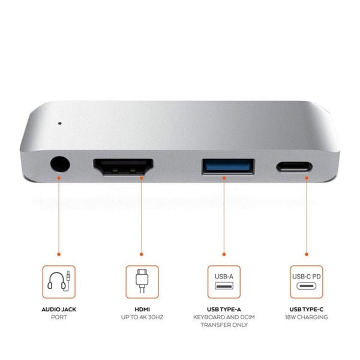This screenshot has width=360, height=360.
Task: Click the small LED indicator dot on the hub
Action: coord(59,125)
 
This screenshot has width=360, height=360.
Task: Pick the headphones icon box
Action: coord(59,281)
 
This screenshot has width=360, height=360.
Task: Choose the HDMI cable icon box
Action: coord(142,281)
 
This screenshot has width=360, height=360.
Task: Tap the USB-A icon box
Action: coord(224,281)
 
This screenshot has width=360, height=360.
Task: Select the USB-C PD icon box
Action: coord(307,281)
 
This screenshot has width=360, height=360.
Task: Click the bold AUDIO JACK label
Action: coord(59,309)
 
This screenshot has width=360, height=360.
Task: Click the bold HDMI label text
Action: coord(142,309)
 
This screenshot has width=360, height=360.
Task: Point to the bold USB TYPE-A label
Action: coord(224,309)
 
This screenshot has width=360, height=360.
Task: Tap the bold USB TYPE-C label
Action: coord(307,309)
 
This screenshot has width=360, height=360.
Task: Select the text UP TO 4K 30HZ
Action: coord(142,317)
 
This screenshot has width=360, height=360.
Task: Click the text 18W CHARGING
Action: coord(307,317)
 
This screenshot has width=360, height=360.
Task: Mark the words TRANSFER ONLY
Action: coord(224,325)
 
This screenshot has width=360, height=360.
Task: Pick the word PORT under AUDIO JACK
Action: coord(59,317)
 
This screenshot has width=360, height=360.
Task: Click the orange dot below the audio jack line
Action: coord(59,254)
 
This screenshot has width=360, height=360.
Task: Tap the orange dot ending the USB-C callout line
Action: coord(307,254)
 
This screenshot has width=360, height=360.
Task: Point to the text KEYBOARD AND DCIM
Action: coord(224,317)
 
